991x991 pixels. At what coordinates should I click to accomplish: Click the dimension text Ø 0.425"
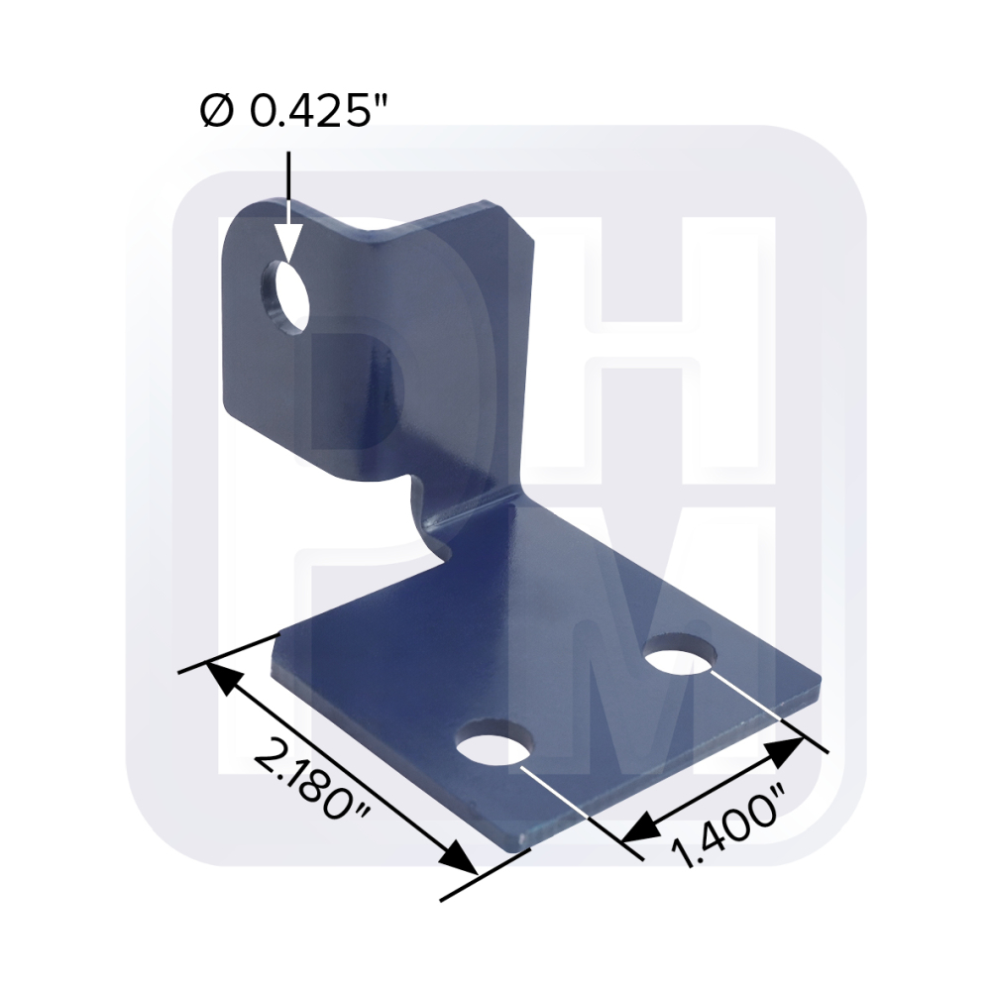[290, 112]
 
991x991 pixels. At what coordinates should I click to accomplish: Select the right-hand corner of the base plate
[819, 682]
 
